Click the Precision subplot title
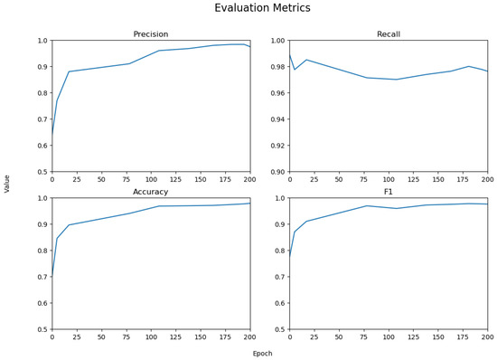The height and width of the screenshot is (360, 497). (x=151, y=34)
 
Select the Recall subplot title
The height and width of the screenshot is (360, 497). (x=388, y=34)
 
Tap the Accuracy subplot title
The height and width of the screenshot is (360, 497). (x=151, y=192)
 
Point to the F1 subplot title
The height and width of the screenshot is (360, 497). (x=388, y=192)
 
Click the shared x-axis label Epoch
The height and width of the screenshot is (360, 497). (x=262, y=354)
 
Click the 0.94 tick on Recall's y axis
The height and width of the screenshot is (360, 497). (x=277, y=119)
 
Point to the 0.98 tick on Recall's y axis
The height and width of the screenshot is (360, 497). (x=277, y=67)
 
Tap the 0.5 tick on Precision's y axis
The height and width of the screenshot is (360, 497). (x=42, y=172)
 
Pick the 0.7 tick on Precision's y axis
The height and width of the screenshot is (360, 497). (x=42, y=119)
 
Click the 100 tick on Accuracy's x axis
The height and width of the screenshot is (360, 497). (x=151, y=337)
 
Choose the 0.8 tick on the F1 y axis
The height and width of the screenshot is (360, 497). (x=279, y=251)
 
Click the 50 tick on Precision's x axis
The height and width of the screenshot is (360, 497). (x=101, y=180)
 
